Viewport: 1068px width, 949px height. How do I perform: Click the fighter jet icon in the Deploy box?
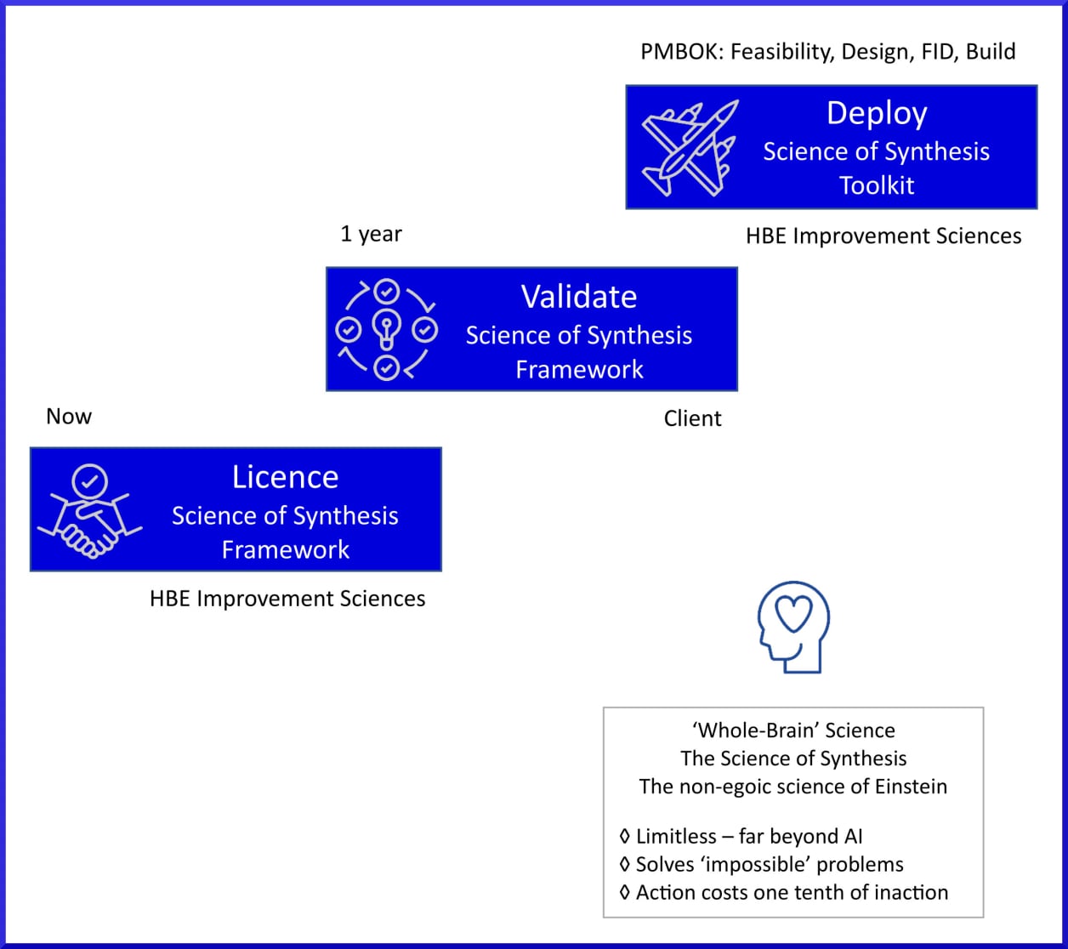pos(690,147)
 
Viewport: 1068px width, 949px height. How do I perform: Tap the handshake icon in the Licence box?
pos(89,510)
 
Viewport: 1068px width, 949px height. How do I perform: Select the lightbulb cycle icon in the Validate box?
pos(387,329)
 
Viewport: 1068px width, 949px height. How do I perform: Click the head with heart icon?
pos(792,627)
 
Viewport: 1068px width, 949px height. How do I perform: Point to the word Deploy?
pos(877,113)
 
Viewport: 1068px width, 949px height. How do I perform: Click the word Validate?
pos(578,297)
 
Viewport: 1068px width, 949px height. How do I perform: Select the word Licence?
pos(285,477)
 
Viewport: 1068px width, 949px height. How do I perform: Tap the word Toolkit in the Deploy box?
pos(877,185)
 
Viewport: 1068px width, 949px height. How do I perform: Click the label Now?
pos(69,416)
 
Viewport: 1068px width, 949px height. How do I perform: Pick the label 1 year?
pos(371,234)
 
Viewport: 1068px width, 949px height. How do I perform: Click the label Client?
pos(692,418)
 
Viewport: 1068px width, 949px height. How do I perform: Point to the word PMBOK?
pos(675,52)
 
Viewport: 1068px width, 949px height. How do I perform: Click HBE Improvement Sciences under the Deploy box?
pos(883,236)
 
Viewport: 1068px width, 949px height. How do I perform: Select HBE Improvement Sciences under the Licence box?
pos(287,599)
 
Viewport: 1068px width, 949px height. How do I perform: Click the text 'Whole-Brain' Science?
pos(792,730)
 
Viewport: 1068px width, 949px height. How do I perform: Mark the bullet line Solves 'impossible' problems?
pos(762,865)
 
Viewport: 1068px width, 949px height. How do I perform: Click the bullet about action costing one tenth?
pos(784,892)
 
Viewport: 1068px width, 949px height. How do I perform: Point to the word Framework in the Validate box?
pos(579,370)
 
